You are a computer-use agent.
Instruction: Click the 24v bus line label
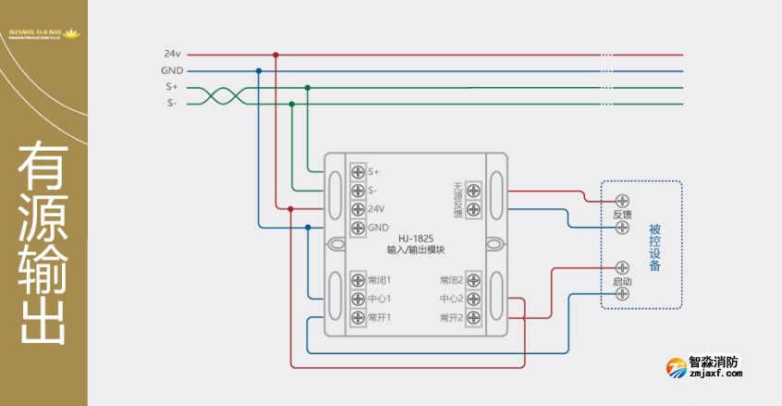coord(172,55)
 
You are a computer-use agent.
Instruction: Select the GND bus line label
coord(172,70)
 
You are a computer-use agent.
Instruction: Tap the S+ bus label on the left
coord(172,87)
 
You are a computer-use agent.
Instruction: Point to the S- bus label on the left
coord(172,104)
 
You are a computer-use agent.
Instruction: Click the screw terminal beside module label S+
coord(358,171)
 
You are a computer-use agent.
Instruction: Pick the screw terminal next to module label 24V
coord(358,209)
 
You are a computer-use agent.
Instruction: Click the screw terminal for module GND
coord(358,228)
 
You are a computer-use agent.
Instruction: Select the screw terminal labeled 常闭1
coord(358,280)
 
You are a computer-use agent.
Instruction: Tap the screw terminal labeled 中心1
coord(358,299)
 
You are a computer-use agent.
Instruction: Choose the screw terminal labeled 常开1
coord(358,317)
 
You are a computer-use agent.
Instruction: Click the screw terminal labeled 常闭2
coord(472,280)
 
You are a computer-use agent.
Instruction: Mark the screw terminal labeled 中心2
coord(472,299)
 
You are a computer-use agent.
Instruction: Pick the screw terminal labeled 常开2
coord(472,317)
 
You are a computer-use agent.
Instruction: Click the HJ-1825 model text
coord(416,239)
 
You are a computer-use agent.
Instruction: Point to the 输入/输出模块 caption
coord(416,250)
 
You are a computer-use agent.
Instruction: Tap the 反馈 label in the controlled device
coord(622,214)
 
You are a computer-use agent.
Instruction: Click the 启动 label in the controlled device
coord(622,281)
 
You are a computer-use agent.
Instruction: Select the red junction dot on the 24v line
coord(275,55)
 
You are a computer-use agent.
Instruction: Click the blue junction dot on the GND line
coord(259,70)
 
